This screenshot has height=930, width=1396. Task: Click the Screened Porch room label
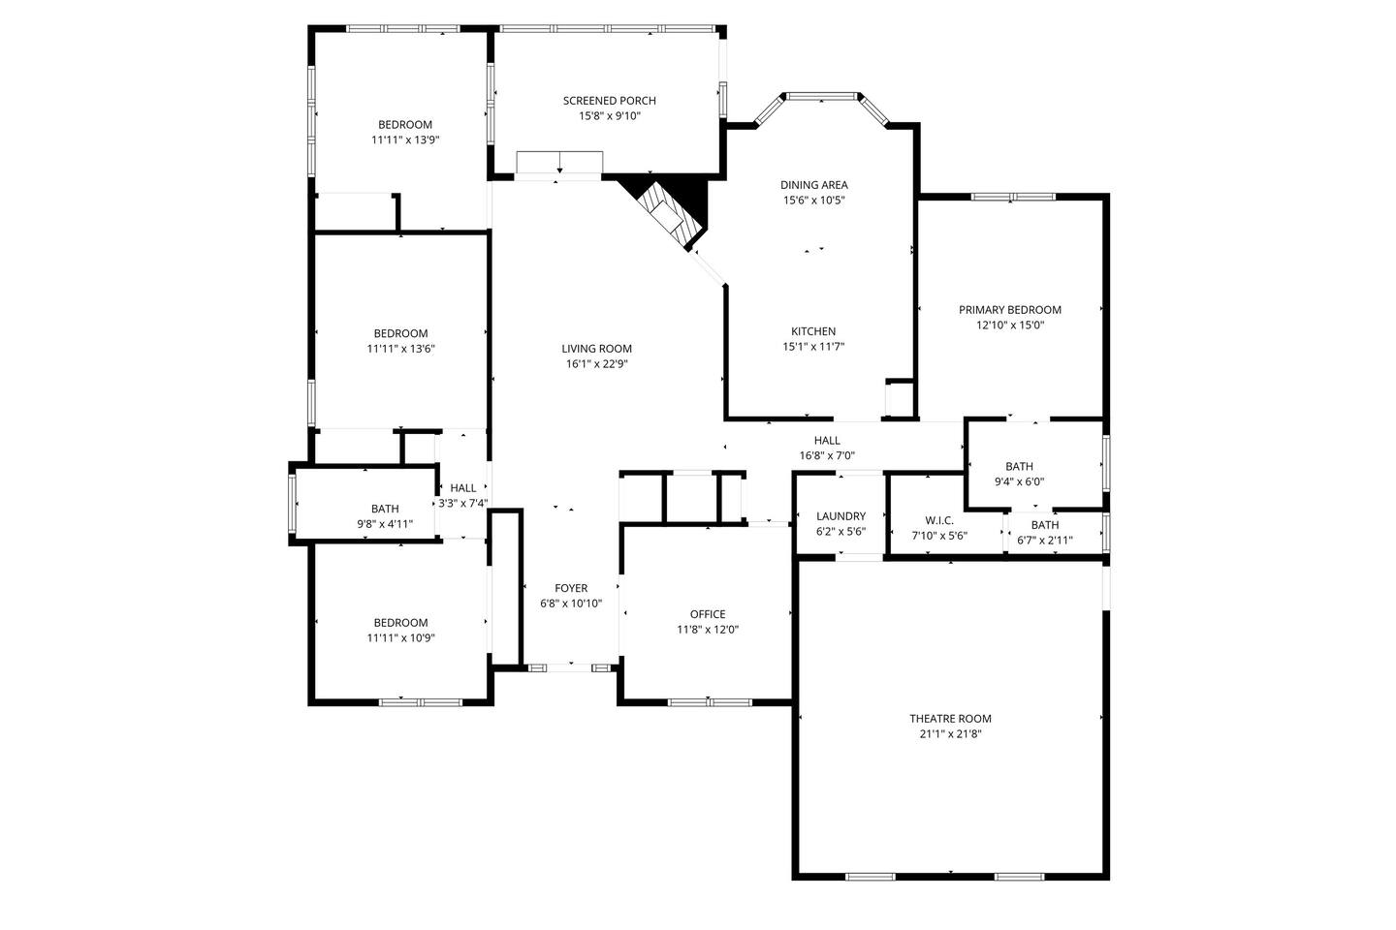coord(609,101)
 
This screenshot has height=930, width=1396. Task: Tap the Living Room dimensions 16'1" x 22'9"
coord(596,364)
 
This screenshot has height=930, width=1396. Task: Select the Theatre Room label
coord(950,718)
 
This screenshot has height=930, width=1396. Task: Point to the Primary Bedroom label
coord(1009,310)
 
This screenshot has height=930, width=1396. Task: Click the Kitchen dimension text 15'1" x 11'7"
coord(813,347)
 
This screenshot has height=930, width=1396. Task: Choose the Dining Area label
coord(814,184)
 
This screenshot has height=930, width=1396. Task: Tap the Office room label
coord(708,614)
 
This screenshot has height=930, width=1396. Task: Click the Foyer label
coord(571,588)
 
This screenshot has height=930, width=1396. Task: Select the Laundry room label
coord(841,515)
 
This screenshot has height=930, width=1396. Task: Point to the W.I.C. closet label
coord(939,520)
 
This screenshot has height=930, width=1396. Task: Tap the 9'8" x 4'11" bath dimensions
coord(385,524)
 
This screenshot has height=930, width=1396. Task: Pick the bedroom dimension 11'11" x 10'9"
coord(400,637)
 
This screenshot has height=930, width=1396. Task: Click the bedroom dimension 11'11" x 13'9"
coord(405,139)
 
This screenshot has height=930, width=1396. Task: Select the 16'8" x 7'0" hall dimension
coord(827,455)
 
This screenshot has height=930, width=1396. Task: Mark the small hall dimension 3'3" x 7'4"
coord(463,503)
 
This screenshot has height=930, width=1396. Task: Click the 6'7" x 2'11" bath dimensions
coord(1044,540)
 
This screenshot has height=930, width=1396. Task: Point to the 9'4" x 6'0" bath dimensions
coord(1019,481)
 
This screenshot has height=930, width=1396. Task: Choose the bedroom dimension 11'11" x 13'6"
coord(400,349)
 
